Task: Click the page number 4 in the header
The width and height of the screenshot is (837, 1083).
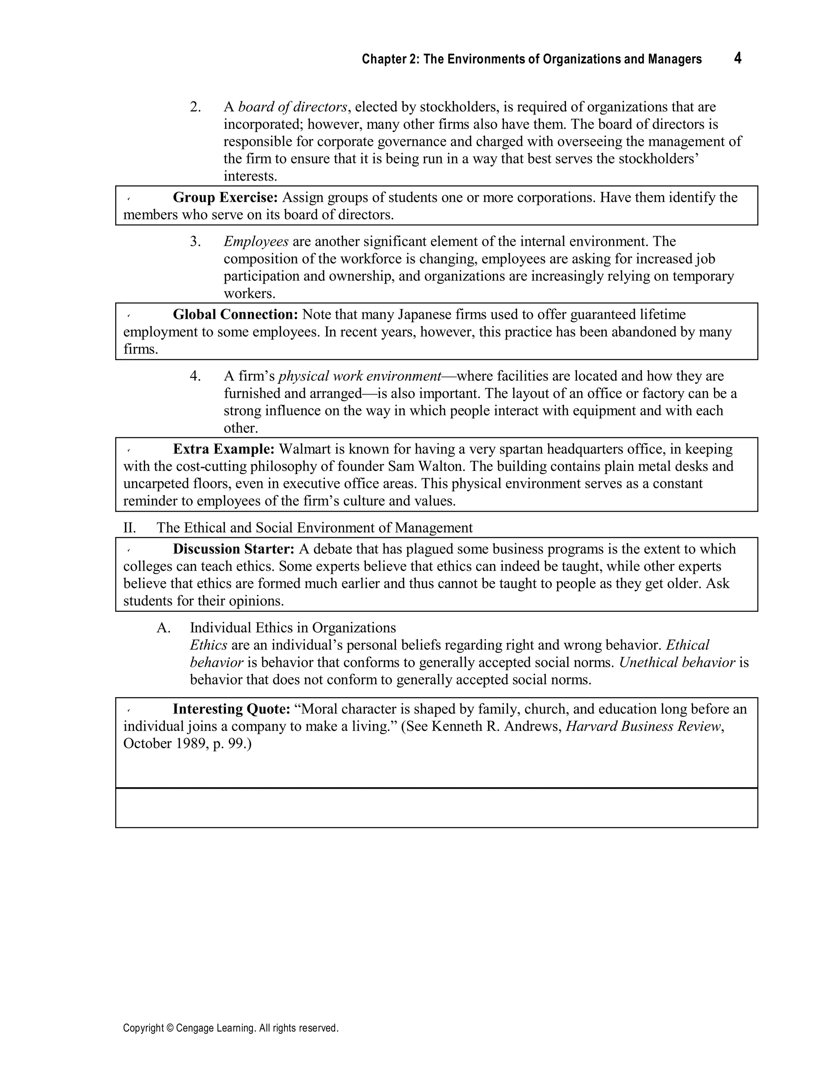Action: tap(737, 58)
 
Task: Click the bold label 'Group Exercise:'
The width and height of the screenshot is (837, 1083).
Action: tap(225, 197)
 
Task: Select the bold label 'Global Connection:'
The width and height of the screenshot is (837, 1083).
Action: tap(235, 314)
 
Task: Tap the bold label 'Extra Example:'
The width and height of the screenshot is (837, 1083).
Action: tap(223, 449)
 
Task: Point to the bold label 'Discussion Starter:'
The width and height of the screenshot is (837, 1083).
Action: tap(233, 549)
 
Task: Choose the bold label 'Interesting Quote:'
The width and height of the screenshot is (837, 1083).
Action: tap(231, 709)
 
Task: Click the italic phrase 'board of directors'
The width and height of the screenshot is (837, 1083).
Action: tap(293, 107)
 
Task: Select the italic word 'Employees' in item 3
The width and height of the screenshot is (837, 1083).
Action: tap(256, 242)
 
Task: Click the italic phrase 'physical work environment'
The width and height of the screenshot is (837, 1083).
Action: tap(360, 376)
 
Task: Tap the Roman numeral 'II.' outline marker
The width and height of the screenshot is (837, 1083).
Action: tap(130, 528)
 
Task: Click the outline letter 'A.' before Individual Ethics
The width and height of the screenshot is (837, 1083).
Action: tap(163, 628)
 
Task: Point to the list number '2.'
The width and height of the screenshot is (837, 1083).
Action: tap(195, 107)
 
